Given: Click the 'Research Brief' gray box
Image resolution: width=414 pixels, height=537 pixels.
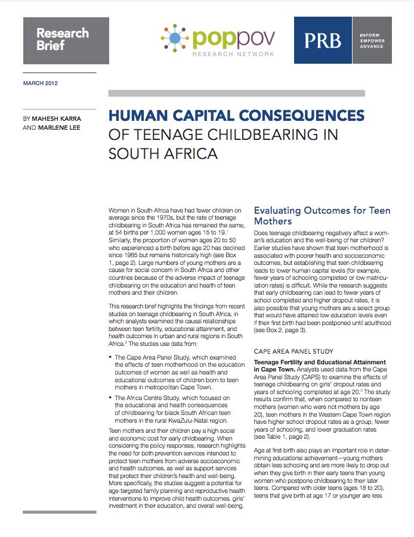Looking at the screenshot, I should click(66, 40).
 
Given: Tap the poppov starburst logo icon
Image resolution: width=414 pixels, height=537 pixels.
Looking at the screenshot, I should click(176, 40).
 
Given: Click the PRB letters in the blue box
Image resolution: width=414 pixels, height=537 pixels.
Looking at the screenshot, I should click(323, 40).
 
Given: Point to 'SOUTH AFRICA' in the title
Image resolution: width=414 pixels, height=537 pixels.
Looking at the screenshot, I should click(163, 154).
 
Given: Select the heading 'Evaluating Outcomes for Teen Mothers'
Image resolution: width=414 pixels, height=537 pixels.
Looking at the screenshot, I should click(322, 216).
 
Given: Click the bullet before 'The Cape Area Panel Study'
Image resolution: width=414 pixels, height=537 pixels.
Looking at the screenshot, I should click(113, 357).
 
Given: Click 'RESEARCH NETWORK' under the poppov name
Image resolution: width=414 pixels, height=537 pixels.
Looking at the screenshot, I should click(233, 54).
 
